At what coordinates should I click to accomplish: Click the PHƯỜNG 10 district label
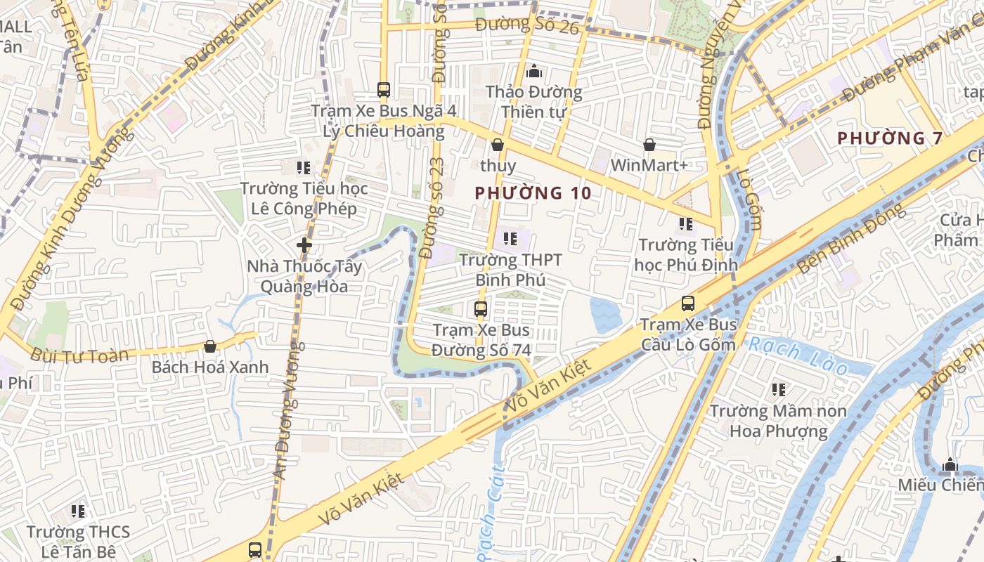coord(533,193)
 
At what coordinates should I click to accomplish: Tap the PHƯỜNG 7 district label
coord(890,138)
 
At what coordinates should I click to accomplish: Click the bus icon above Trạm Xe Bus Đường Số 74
coord(481,308)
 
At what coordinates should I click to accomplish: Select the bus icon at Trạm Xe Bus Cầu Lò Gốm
coord(688,303)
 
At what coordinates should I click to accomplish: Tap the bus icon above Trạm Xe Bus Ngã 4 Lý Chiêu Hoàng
coord(384,90)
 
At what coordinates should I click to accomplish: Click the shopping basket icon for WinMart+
coord(649,145)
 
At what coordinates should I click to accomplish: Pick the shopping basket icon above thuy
coord(498,145)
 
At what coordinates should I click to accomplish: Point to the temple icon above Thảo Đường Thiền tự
coord(534,71)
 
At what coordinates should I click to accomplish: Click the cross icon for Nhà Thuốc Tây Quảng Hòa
coord(304,245)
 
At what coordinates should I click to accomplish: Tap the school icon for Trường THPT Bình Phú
coord(510,239)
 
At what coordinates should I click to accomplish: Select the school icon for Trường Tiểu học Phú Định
coord(686,224)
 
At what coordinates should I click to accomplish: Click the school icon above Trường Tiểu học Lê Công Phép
coord(304,167)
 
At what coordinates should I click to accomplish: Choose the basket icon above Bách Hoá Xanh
coord(209,346)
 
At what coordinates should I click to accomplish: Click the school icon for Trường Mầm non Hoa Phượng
coord(778,389)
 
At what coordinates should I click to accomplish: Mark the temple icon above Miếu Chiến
coord(950,464)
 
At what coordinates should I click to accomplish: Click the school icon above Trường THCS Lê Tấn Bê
coord(77,511)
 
